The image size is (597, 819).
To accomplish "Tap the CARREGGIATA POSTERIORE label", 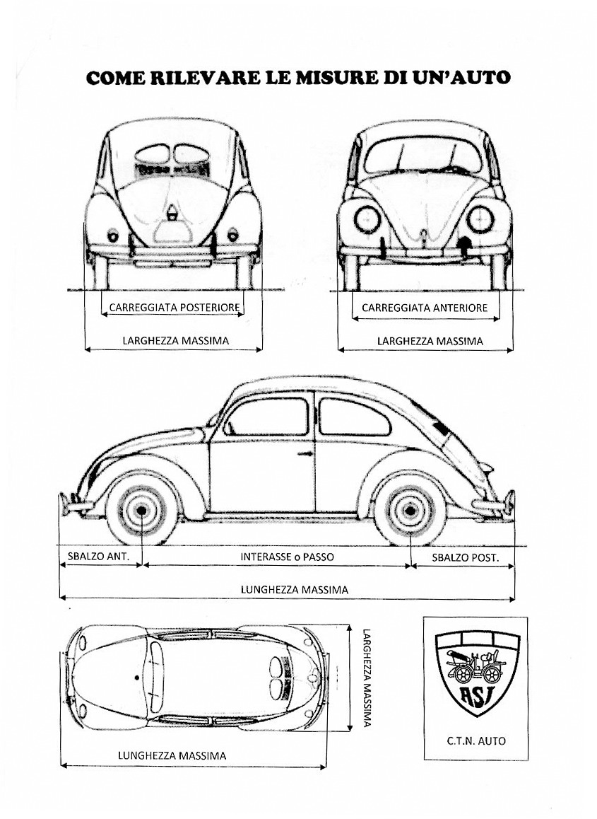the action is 175,308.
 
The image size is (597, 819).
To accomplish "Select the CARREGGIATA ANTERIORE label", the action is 425,308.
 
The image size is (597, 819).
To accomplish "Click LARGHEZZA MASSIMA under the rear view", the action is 176,341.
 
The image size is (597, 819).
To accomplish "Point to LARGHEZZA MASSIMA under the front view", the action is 430,341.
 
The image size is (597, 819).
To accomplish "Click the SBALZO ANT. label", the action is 98,557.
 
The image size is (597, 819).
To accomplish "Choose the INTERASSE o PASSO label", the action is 287,557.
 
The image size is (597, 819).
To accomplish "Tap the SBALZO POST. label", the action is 466,557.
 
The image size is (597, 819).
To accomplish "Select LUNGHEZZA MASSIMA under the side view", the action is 295,590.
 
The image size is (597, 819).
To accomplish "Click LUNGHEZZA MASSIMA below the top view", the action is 172,755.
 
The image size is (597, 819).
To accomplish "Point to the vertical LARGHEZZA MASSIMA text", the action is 367,678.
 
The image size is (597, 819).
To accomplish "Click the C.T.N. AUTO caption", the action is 476,740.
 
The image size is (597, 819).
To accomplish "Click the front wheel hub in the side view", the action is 141,510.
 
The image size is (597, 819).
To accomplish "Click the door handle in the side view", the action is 305,454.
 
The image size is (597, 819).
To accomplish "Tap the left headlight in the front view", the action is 367,219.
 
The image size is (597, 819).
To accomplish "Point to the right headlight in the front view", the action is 480,219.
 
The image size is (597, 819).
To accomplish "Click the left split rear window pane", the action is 153,154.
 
